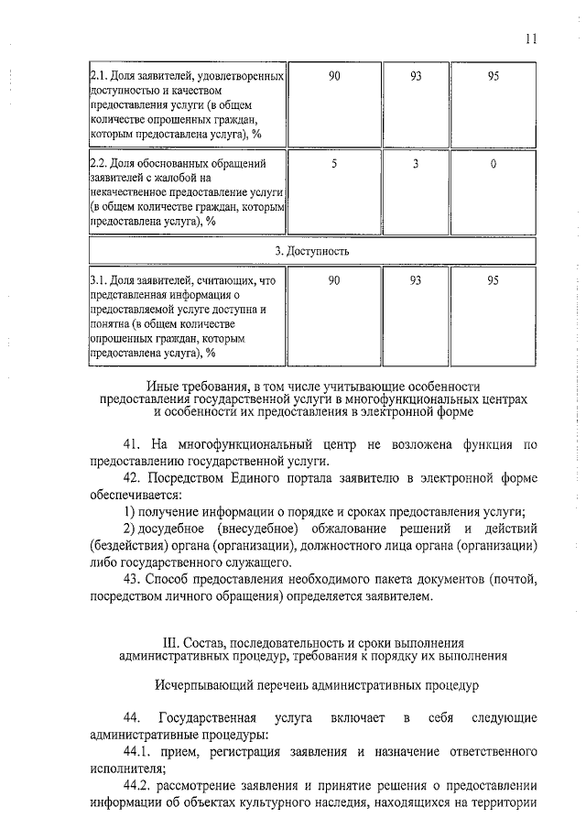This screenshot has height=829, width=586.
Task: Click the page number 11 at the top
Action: point(532,38)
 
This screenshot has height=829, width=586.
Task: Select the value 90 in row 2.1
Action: point(334,76)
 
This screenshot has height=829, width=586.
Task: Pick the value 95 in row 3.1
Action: point(494,280)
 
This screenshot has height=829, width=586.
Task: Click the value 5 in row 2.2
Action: point(334,163)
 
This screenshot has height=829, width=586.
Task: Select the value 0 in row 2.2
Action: point(494,163)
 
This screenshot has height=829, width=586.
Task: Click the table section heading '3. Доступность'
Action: point(311,250)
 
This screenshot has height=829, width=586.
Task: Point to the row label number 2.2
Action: point(98,163)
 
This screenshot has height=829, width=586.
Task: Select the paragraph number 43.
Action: point(134,578)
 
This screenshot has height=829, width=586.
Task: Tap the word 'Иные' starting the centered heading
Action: point(162,387)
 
